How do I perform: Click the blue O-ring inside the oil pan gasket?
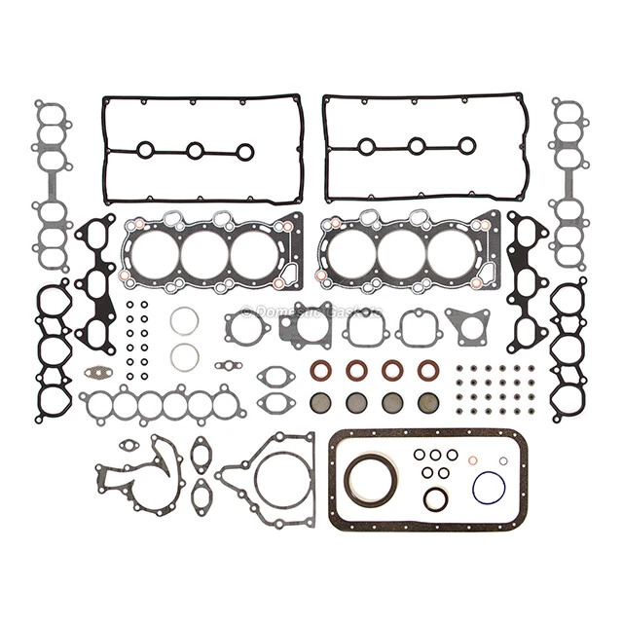point(488,488)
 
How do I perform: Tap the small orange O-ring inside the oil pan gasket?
point(472,460)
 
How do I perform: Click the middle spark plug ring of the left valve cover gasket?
point(195,150)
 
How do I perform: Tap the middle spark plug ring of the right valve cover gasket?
point(417,146)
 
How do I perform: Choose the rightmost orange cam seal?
point(427,370)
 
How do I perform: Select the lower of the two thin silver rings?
point(185,356)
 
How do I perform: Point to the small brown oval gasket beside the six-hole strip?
point(97,371)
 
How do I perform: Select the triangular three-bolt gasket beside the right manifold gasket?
point(467,324)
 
